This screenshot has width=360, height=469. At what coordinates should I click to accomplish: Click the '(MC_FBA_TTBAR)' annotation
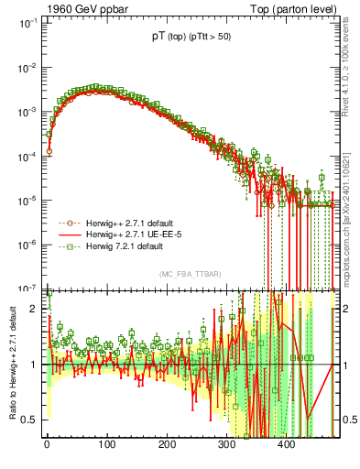click(x=190, y=274)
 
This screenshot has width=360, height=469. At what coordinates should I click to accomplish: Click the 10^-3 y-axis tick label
click(x=27, y=111)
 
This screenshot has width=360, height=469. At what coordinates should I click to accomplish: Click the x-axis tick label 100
click(x=106, y=447)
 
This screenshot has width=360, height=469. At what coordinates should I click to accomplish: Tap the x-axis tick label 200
click(x=167, y=447)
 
